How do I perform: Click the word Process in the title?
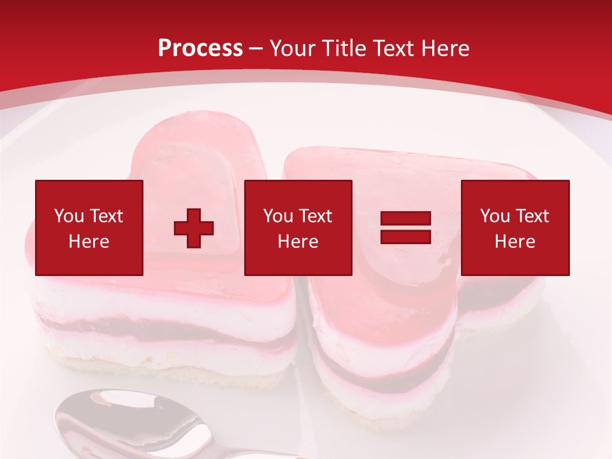click(x=200, y=48)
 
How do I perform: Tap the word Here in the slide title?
click(x=447, y=48)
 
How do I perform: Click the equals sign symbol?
click(x=405, y=228)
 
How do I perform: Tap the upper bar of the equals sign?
click(x=405, y=219)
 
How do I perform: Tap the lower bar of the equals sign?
click(x=405, y=237)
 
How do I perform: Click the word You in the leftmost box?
click(x=69, y=216)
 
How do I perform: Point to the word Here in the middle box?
click(x=298, y=242)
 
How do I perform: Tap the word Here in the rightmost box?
click(x=514, y=242)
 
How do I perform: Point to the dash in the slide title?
click(x=256, y=48)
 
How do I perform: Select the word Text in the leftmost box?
click(x=106, y=216)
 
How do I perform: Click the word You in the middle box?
click(x=278, y=216)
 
